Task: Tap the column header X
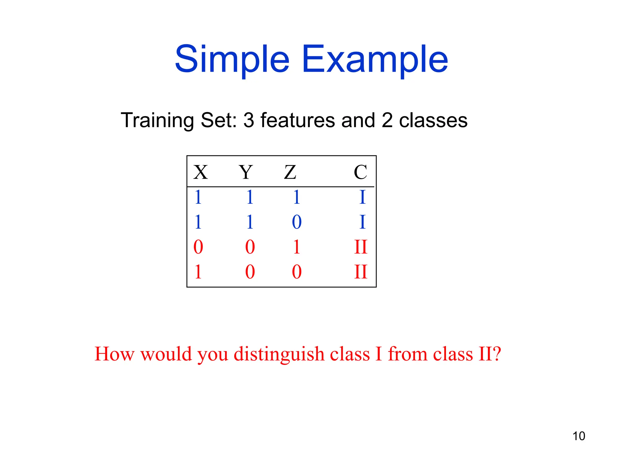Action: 200,172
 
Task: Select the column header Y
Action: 245,172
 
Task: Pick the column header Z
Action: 290,172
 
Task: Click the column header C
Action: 360,172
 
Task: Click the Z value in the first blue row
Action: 297,197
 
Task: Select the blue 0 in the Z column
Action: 297,222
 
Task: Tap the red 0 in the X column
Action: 198,247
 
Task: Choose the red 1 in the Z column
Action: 297,247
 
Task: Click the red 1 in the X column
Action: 198,272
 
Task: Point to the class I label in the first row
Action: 362,197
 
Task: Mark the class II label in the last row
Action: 361,272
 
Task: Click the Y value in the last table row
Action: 250,272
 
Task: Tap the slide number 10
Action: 579,436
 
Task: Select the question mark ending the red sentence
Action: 496,354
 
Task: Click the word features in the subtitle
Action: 298,120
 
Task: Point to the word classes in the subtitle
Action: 433,120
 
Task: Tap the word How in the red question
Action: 114,354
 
